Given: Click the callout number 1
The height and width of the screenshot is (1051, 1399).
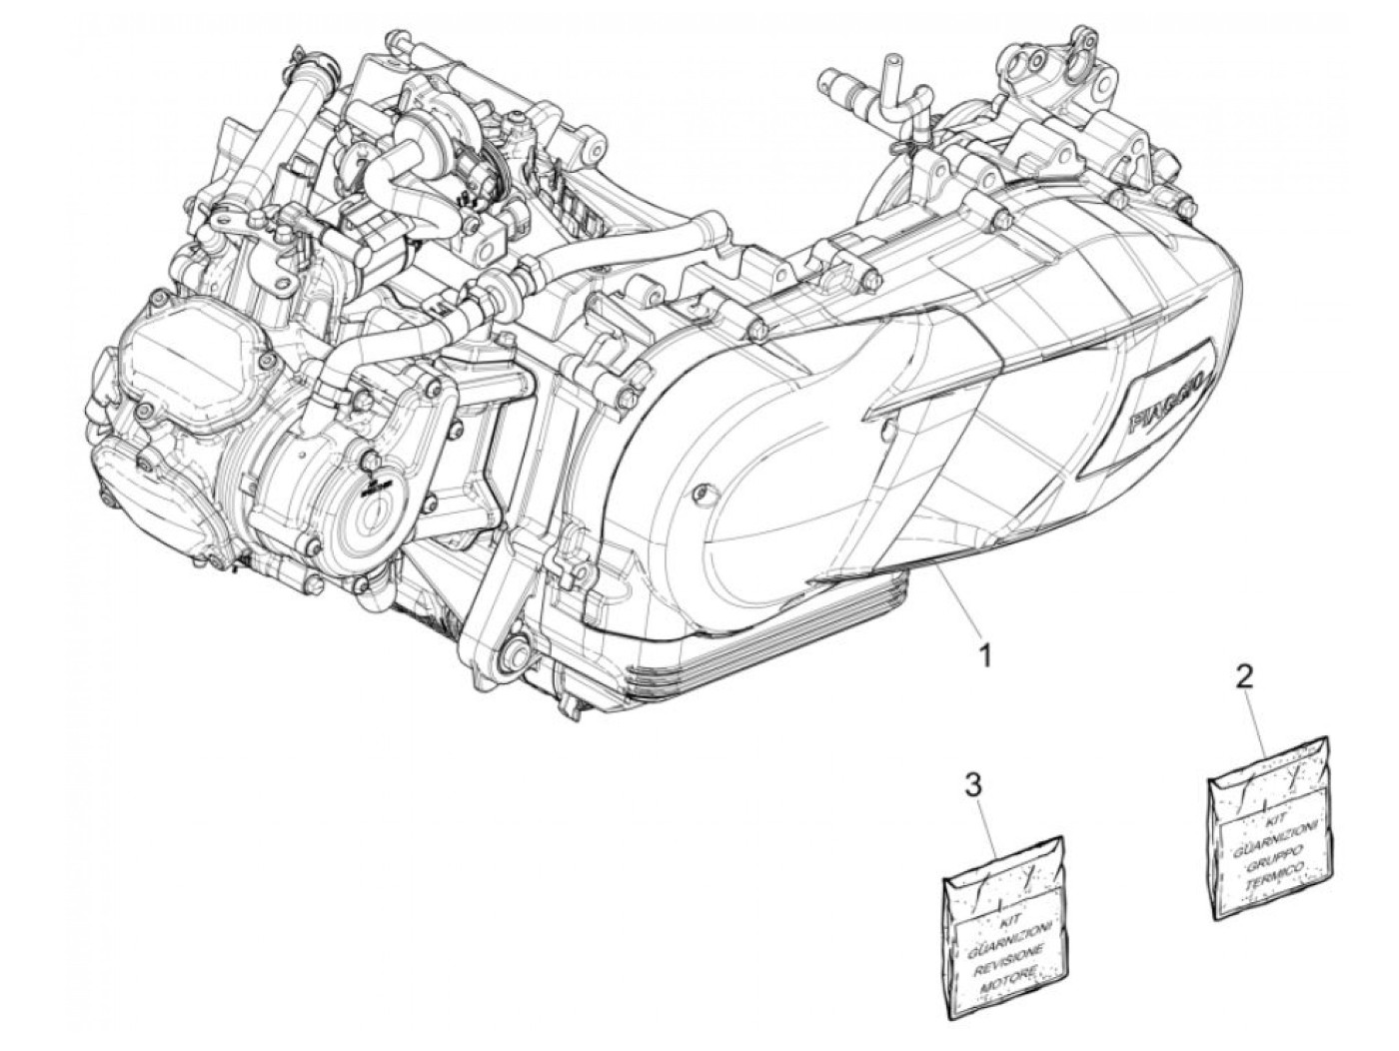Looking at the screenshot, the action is pos(984,657).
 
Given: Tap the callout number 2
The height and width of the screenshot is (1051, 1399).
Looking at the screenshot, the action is pos(1243,678).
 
